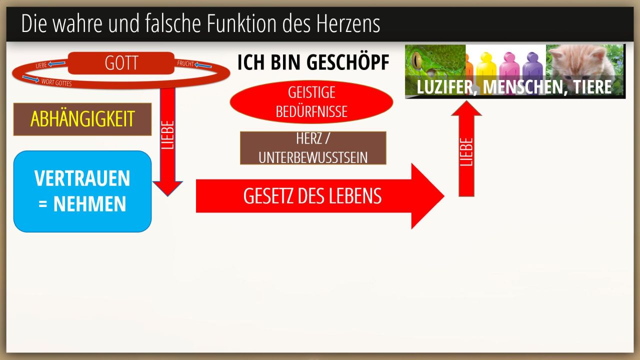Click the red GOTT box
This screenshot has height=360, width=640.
click(121, 63)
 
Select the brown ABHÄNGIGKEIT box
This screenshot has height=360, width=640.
click(82, 119)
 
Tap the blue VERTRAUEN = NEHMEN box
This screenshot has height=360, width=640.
click(82, 191)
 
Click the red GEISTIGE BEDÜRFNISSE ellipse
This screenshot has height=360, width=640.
click(311, 101)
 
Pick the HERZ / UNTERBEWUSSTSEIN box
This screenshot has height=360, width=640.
click(313, 148)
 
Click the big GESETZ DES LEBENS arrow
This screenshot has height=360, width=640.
click(320, 196)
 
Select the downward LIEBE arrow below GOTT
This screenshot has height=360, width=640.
click(167, 141)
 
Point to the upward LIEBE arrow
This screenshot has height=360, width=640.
click(466, 148)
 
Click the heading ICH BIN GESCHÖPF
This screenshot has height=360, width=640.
click(313, 62)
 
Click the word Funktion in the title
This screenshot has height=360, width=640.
click(241, 23)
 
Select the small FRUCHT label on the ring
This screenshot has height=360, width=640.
click(185, 63)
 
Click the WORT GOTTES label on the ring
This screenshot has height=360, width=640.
click(56, 82)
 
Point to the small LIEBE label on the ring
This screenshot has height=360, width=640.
click(41, 65)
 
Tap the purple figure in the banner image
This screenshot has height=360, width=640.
click(532, 68)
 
